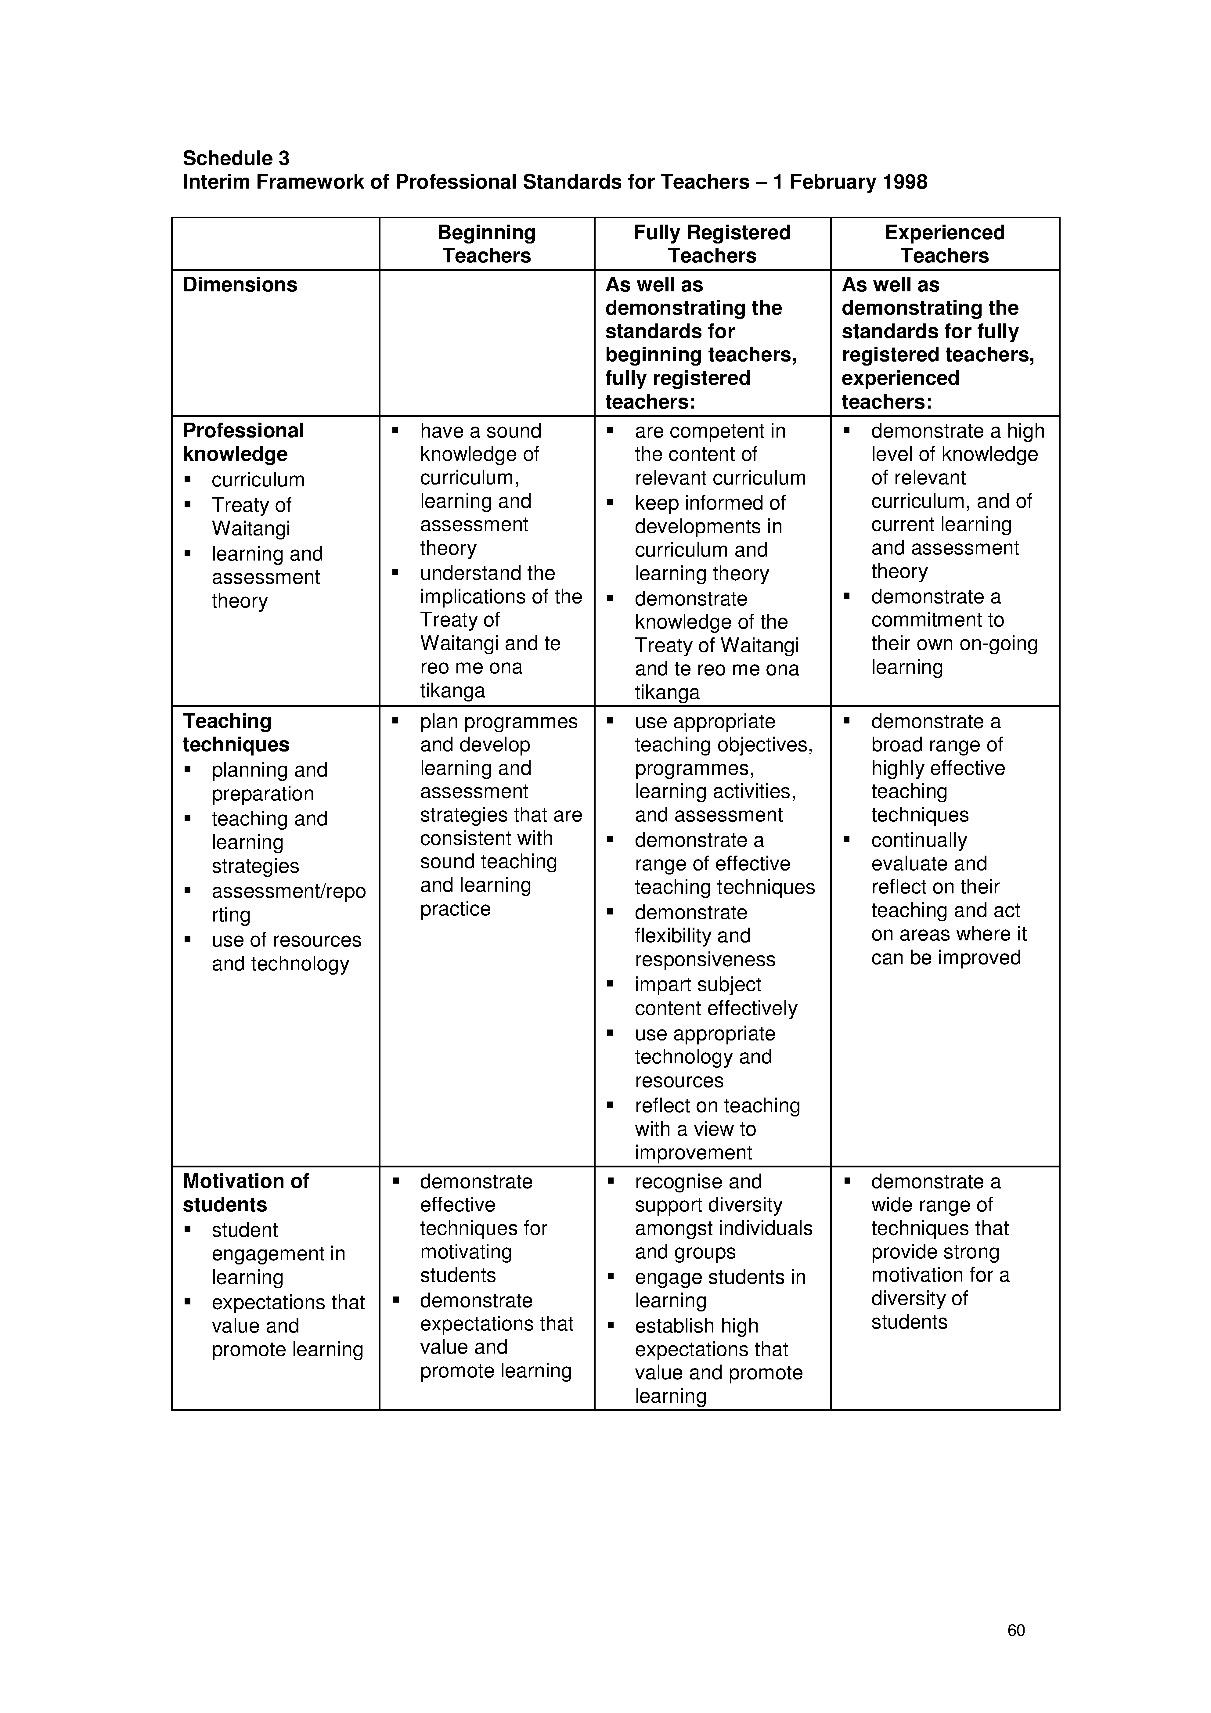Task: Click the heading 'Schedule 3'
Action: click(236, 158)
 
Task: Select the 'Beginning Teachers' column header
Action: click(486, 244)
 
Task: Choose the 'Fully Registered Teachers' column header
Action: click(712, 244)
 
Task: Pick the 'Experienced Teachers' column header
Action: click(945, 244)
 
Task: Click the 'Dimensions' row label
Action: click(240, 285)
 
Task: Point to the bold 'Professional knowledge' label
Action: click(243, 442)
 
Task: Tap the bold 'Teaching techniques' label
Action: click(236, 733)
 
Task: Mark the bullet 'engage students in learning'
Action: click(719, 1289)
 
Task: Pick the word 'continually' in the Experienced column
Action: click(918, 840)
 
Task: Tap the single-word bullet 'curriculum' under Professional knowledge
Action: click(258, 480)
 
